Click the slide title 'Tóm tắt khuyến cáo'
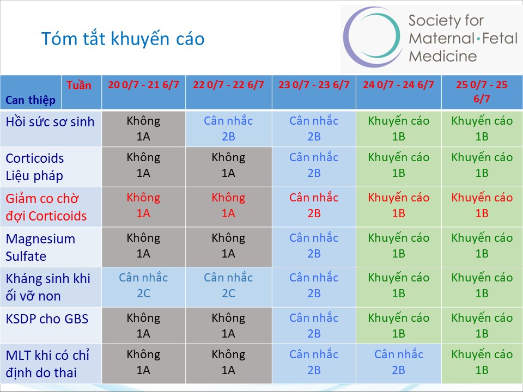click(123, 39)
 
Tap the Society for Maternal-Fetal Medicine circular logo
click(372, 36)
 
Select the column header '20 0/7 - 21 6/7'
click(143, 85)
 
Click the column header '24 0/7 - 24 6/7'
click(399, 85)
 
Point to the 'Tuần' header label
click(78, 85)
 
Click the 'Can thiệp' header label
click(31, 100)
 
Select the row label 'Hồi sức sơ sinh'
click(50, 122)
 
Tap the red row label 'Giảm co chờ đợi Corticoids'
click(46, 207)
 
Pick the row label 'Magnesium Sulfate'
click(40, 247)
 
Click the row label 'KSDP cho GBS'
click(47, 319)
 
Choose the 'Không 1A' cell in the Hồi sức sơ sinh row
click(143, 128)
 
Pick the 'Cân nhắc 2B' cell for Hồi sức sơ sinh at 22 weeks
click(228, 128)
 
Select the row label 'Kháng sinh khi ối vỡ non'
click(48, 287)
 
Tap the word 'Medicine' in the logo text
click(442, 56)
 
